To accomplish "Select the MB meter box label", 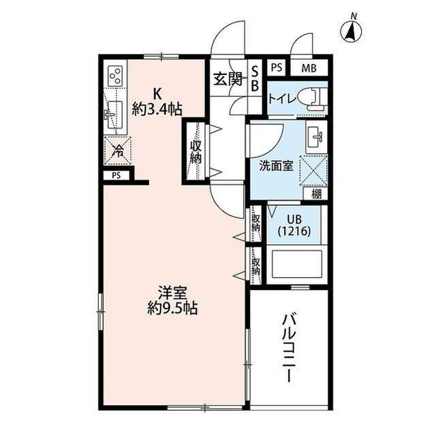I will pyautogui.click(x=309, y=68).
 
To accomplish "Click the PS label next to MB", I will pyautogui.click(x=276, y=68).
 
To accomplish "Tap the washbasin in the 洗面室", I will pyautogui.click(x=317, y=137).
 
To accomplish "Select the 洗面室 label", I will pyautogui.click(x=275, y=166).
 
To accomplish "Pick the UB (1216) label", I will pyautogui.click(x=294, y=225).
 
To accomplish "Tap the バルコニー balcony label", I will pyautogui.click(x=289, y=349).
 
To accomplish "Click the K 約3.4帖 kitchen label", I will pyautogui.click(x=157, y=101).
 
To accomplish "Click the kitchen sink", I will pyautogui.click(x=114, y=114).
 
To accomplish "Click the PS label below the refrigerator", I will pyautogui.click(x=116, y=175).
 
